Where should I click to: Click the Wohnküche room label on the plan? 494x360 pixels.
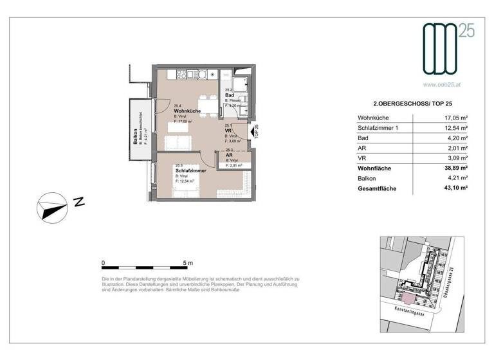tap(187, 112)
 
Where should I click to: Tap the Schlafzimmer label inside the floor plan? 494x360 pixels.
tap(189, 170)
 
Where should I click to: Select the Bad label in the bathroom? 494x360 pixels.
tap(229, 95)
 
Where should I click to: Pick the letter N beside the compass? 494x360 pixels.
tap(79, 201)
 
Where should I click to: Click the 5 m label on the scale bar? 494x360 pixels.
tap(188, 263)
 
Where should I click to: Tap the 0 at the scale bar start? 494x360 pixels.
tap(103, 263)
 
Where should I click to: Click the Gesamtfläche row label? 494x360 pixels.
tap(377, 189)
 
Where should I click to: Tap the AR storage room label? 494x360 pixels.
tap(229, 155)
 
